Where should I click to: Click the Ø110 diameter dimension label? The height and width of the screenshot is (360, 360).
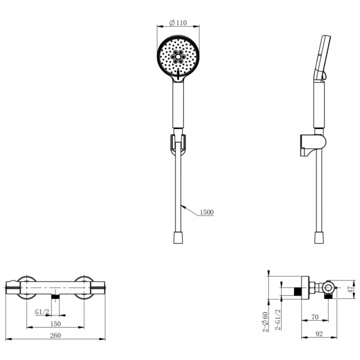[178, 23]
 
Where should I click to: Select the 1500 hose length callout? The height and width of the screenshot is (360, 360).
[207, 212]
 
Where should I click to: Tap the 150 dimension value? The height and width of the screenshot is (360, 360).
[56, 324]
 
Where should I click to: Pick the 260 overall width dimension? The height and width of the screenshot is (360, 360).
[56, 336]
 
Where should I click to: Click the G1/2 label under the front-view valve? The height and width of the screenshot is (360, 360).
[42, 312]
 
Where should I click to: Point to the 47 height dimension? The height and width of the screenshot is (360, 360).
[350, 289]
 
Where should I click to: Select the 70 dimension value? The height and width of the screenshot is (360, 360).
[315, 317]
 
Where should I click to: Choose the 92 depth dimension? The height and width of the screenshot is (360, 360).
[319, 334]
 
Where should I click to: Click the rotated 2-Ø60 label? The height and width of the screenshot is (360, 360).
[265, 322]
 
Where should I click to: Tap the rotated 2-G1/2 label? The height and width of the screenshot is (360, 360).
[278, 320]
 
